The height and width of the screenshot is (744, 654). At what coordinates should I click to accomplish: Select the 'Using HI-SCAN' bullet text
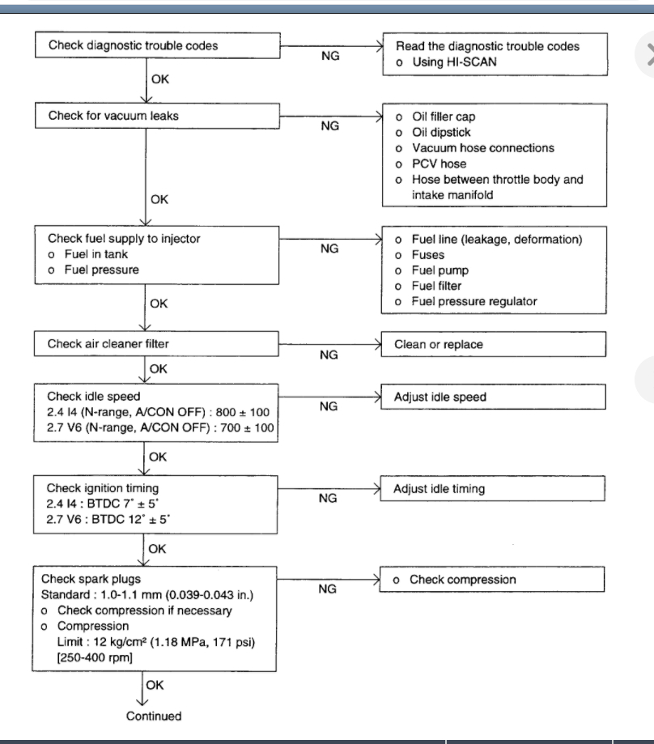pos(454,62)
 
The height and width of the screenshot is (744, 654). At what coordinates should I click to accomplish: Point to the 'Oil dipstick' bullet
pos(441,132)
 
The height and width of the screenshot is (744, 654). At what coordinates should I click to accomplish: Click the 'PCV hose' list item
pos(439,164)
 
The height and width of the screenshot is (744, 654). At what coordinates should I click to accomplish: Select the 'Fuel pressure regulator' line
pos(474,301)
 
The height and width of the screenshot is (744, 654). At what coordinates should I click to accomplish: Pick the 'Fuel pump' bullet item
pos(440,270)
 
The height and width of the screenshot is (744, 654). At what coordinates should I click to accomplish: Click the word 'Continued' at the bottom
pos(154,716)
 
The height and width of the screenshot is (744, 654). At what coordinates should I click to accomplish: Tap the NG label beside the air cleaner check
pos(329,355)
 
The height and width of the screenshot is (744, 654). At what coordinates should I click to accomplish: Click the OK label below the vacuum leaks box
pos(159,199)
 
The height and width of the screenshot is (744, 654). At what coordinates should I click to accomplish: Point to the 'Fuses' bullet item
pos(428,255)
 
